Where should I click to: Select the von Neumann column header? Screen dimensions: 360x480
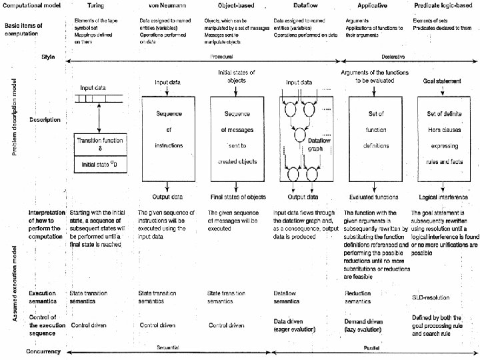164,5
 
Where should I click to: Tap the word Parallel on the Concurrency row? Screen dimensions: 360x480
372,348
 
